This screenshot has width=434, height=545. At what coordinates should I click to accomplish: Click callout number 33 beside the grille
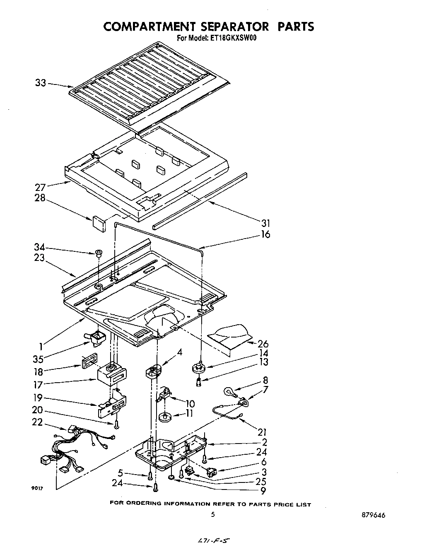click(x=40, y=83)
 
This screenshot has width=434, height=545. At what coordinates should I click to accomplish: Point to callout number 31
click(x=263, y=224)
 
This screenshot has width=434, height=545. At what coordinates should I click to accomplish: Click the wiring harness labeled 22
click(x=75, y=449)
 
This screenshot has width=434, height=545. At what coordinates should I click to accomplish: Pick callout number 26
click(x=263, y=344)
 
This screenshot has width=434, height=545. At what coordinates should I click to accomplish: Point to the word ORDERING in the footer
click(x=144, y=504)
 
